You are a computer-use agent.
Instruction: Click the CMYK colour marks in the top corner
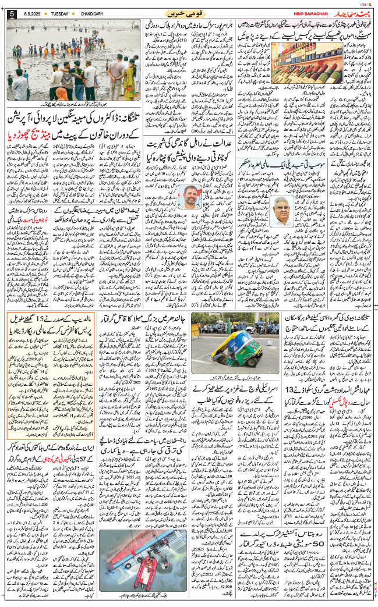pos(365,3)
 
